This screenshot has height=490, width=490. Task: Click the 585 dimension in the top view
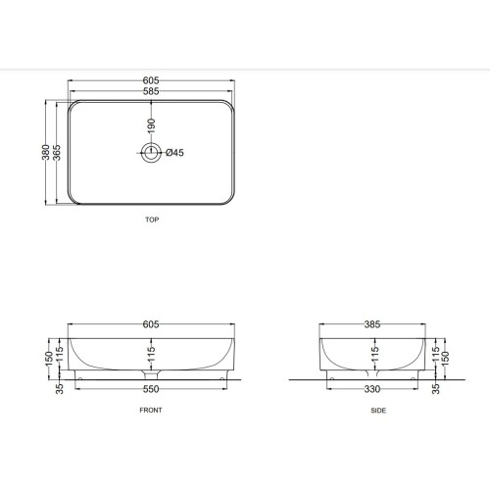point(151,91)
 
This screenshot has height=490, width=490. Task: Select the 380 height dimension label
point(46,152)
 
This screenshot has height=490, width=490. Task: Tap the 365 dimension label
point(57,153)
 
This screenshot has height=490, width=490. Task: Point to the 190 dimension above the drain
point(151,126)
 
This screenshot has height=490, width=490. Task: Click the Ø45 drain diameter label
point(174,153)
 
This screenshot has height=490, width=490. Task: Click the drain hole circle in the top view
point(151,143)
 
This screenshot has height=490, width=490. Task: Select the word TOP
point(152,220)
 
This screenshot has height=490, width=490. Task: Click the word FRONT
point(151,411)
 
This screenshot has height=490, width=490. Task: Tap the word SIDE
point(378,411)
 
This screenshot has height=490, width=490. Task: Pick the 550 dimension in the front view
point(151,389)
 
